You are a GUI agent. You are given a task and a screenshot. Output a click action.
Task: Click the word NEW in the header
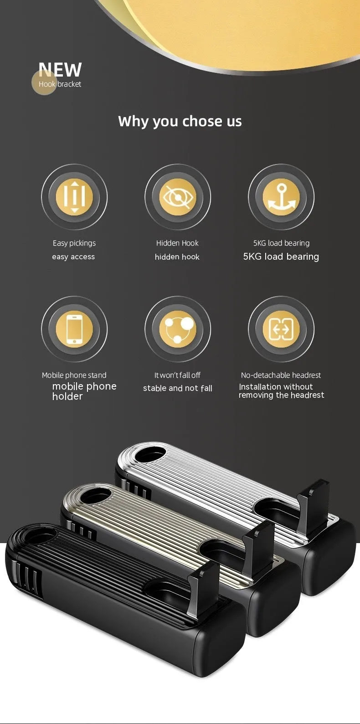[x=60, y=69]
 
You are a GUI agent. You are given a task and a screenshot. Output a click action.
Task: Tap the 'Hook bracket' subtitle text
[x=60, y=84]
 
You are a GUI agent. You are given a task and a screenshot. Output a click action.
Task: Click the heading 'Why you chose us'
[x=180, y=121]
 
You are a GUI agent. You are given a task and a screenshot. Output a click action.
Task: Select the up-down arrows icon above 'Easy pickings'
[x=74, y=197]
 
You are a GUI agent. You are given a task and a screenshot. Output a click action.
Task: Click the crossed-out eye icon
[x=178, y=197]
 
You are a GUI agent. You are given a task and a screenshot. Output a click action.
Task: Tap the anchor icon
[x=281, y=197]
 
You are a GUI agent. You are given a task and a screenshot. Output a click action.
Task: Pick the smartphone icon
[x=74, y=329]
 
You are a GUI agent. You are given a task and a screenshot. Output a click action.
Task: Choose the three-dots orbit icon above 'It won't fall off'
[x=178, y=329]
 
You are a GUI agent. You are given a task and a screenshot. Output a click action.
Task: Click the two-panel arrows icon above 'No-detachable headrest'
[x=281, y=329]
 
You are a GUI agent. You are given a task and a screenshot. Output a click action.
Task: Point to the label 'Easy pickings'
[x=74, y=243]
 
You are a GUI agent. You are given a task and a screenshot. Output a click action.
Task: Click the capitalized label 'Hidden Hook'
[x=177, y=243]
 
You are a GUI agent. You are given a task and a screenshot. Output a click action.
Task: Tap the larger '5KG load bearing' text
[x=281, y=257]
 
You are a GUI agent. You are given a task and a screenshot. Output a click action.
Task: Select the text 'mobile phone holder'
[x=84, y=391]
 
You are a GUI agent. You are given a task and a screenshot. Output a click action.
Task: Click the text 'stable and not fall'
[x=178, y=388]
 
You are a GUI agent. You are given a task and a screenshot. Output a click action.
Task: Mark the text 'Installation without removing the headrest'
[x=281, y=391]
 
